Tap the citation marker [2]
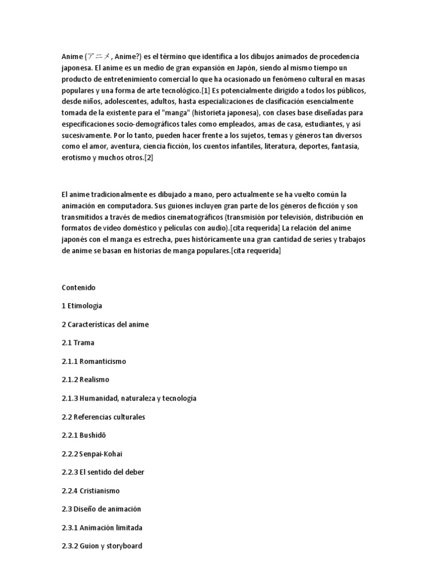coord(148,157)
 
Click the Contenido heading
coord(79,287)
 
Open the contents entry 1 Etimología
coord(82,306)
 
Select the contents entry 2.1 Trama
coord(78,343)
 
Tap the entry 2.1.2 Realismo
coord(85,380)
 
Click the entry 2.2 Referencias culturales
coord(103,417)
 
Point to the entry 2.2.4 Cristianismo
coord(91,490)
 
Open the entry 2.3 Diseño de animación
coord(101,509)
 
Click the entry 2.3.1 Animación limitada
coord(102,528)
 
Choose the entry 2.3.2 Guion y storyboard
coord(102,546)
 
